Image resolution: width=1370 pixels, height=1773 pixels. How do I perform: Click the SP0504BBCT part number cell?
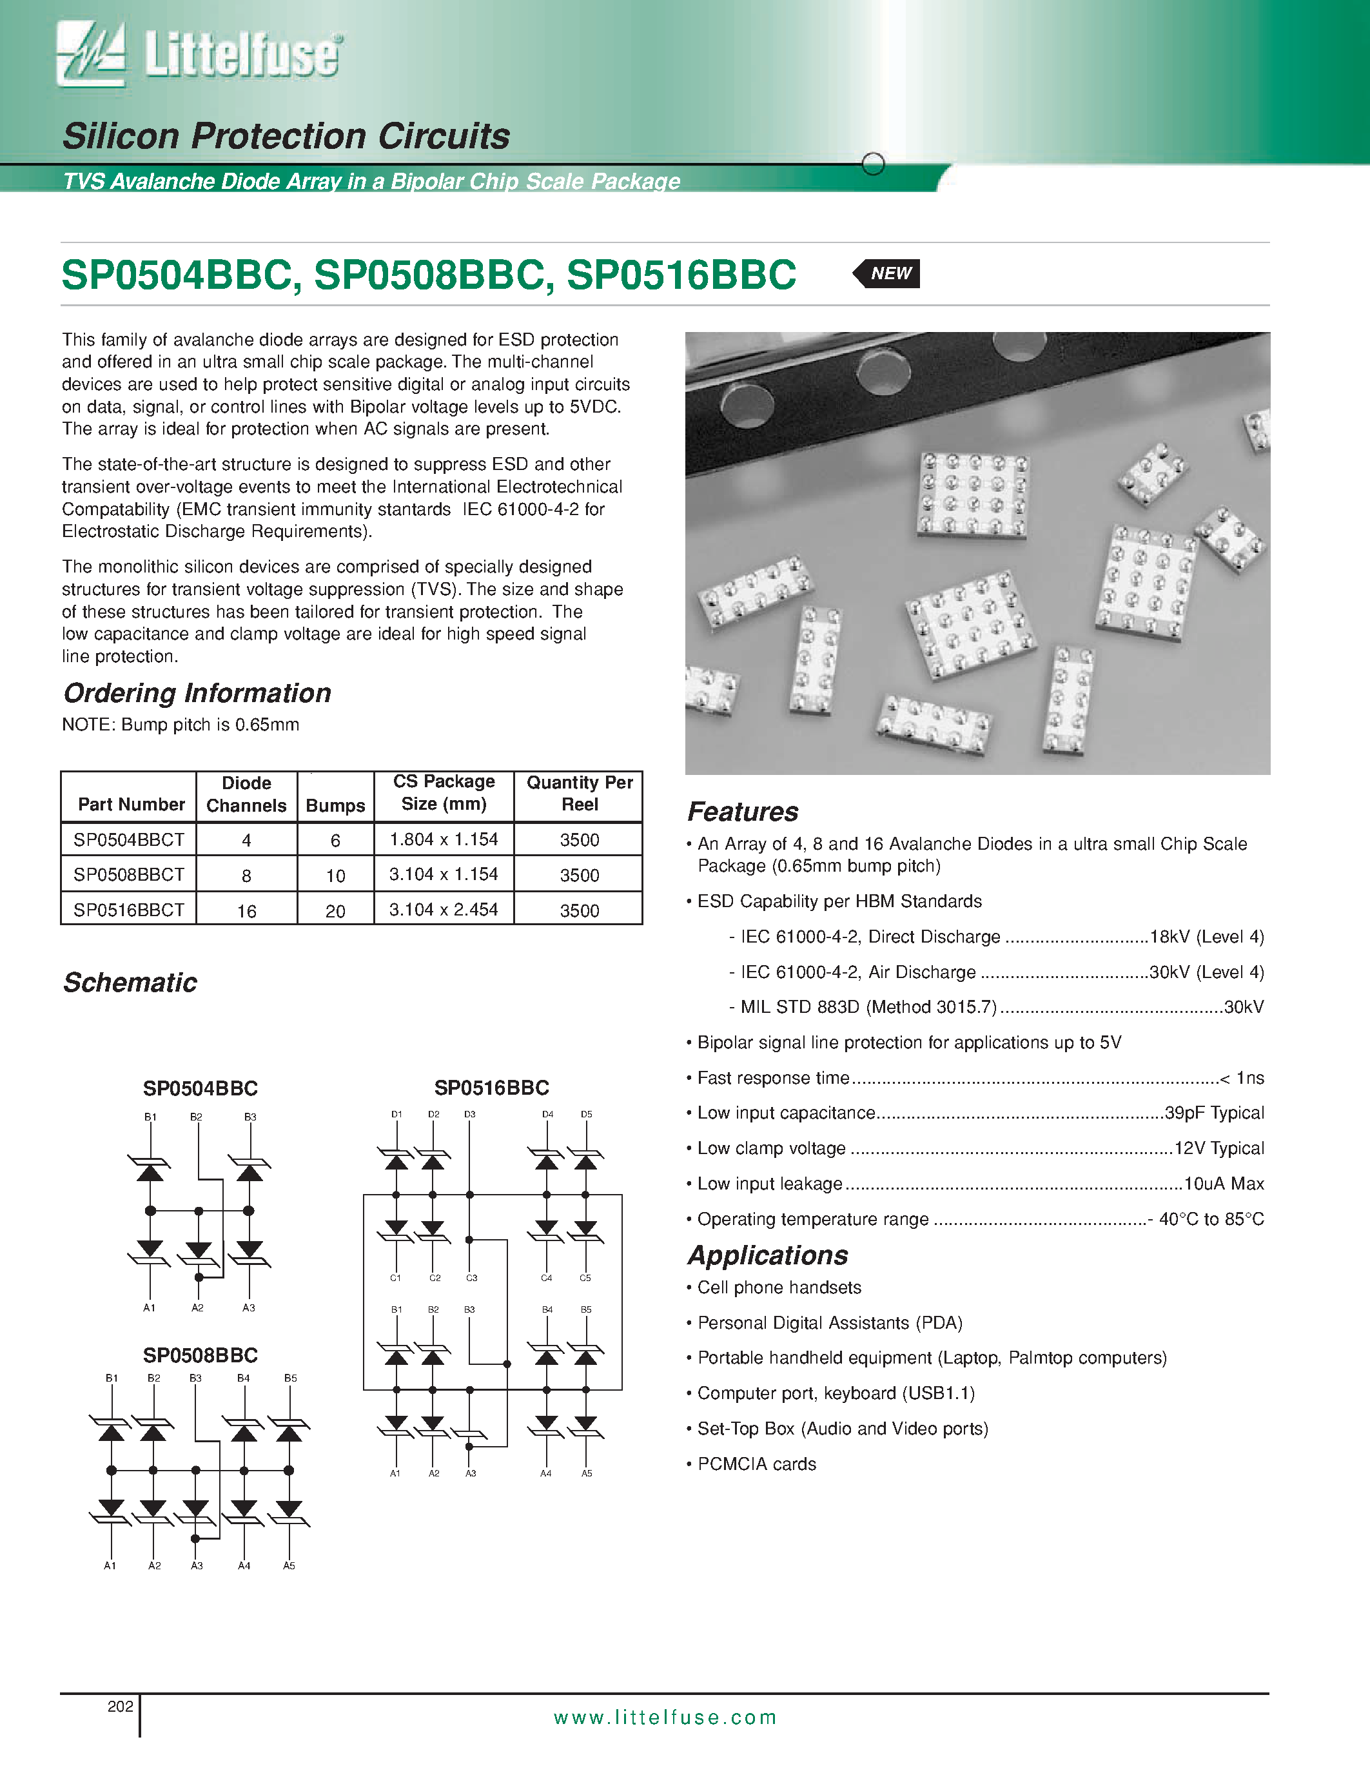click(129, 840)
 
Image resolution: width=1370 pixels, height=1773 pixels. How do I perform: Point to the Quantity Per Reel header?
click(580, 793)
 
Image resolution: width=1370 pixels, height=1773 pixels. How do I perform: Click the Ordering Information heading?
click(197, 692)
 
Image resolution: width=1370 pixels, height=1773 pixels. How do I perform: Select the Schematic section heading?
click(130, 983)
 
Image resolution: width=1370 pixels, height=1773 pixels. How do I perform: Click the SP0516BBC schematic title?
click(492, 1088)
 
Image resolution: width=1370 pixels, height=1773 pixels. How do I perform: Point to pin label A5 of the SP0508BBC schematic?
click(289, 1566)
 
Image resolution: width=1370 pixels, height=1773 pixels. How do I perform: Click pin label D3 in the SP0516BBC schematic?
click(470, 1115)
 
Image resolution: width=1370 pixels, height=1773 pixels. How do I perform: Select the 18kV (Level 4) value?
click(1207, 937)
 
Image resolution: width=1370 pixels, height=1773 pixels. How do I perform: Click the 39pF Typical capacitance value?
click(1214, 1113)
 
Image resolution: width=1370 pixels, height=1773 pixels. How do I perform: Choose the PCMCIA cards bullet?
click(756, 1465)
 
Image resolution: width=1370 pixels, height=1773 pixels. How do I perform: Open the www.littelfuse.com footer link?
click(665, 1718)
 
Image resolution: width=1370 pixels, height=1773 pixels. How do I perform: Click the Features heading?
click(743, 812)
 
